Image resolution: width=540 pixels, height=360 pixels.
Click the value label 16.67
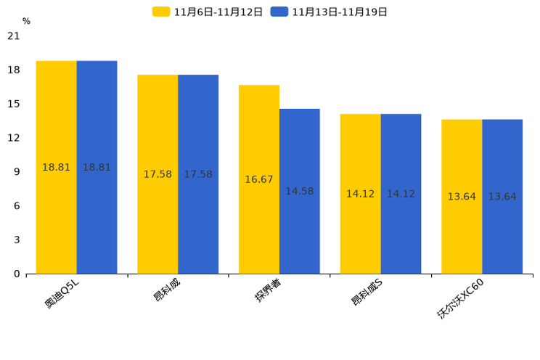coord(259,179)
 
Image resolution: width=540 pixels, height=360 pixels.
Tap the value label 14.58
coord(299,192)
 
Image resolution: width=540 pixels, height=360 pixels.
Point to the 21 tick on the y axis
coord(14,36)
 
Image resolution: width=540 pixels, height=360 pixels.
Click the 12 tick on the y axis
coord(14,138)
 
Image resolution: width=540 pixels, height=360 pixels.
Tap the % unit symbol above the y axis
coord(26,22)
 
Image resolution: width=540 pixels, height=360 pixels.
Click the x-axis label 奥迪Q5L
coord(62,293)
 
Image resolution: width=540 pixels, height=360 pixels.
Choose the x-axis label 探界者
coord(268,291)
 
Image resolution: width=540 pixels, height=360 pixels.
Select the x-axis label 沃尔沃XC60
coord(460,298)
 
